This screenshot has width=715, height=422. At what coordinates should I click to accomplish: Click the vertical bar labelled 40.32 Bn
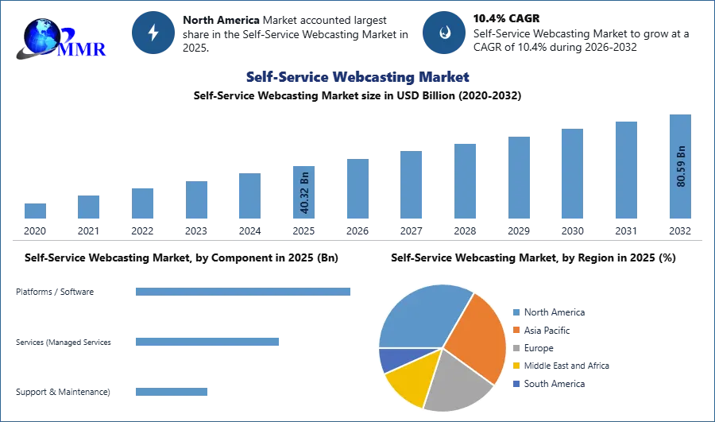(304, 193)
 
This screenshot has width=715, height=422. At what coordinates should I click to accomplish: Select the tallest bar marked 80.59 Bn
(680, 168)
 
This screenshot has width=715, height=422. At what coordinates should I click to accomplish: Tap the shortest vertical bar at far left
(35, 212)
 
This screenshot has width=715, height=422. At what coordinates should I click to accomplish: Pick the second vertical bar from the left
(89, 207)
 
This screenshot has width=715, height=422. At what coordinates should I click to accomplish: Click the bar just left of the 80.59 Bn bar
(625, 171)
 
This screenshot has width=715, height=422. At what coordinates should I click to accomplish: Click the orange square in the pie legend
(516, 330)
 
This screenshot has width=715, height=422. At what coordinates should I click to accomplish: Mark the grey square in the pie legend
(516, 348)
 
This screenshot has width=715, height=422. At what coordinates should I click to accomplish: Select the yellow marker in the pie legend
(516, 366)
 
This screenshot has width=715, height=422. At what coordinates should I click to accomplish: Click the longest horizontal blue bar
(244, 292)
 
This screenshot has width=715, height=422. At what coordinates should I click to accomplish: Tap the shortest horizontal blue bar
(171, 393)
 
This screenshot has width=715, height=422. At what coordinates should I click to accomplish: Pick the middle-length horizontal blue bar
(207, 343)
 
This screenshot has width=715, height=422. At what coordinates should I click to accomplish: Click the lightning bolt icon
(153, 32)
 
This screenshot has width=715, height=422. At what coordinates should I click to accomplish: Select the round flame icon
(444, 33)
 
